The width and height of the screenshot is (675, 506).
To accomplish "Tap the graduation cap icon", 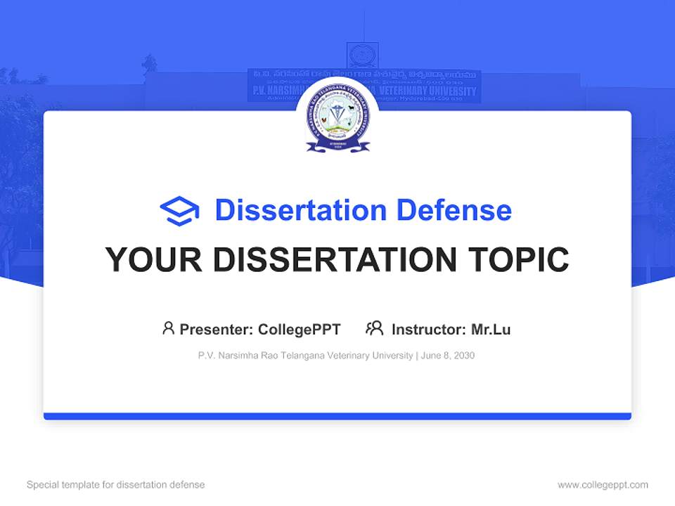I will click(x=179, y=211).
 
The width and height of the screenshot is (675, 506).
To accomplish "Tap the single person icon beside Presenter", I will click(x=168, y=328).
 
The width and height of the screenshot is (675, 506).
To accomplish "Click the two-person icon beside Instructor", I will click(x=374, y=328).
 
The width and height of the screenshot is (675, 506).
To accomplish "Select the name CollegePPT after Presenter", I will click(x=300, y=330).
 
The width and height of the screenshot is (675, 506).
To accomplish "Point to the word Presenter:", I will click(x=217, y=330).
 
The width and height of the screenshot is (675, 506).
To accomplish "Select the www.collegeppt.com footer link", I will click(x=603, y=485).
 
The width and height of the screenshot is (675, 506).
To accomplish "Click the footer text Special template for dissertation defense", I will click(x=115, y=485).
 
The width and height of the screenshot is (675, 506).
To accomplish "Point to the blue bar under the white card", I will click(x=337, y=416).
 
